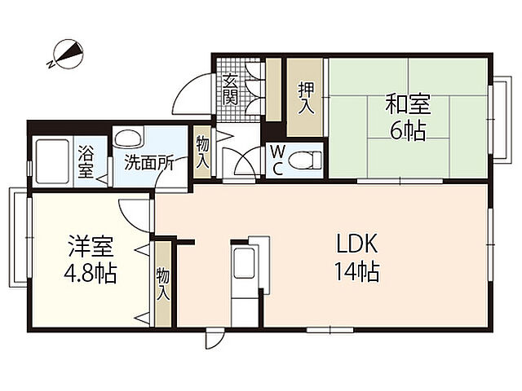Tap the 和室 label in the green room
click(x=408, y=104)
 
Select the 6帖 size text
click(x=407, y=130)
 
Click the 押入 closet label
click(x=306, y=97)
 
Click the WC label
click(x=277, y=160)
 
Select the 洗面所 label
click(x=149, y=161)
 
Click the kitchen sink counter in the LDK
click(x=246, y=266)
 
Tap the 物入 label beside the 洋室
click(x=162, y=283)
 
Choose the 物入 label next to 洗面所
click(x=203, y=152)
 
